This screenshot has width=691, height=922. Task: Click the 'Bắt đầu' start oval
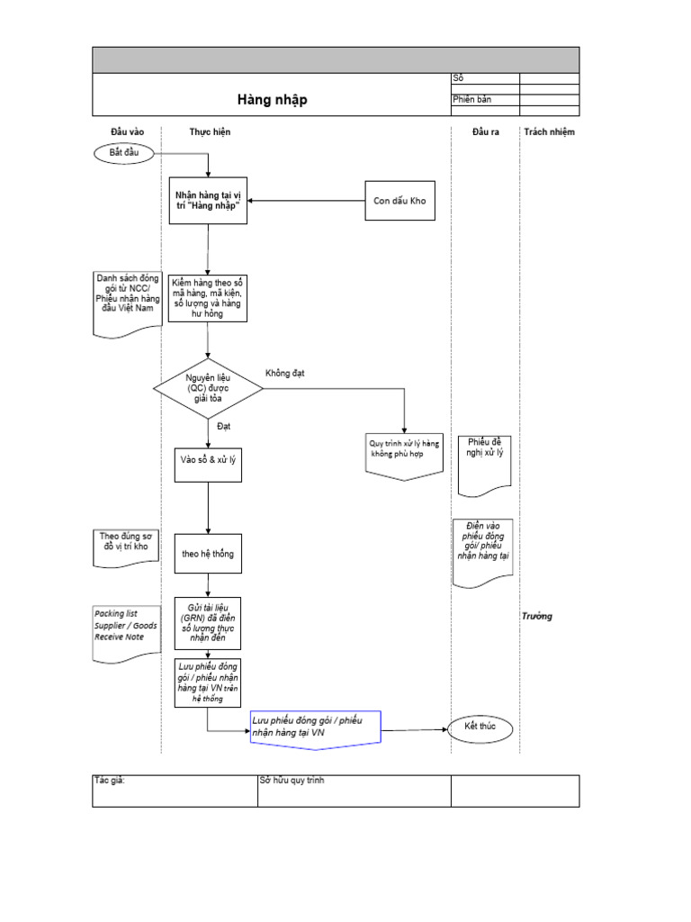click(x=125, y=154)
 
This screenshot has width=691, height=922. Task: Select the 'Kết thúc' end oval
click(x=480, y=727)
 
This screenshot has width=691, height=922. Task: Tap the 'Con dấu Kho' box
click(x=399, y=201)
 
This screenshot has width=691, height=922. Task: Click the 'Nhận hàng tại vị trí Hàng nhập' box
click(x=208, y=201)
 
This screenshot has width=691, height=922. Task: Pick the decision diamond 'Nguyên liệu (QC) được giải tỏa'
click(x=208, y=388)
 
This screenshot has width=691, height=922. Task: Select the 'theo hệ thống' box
click(x=208, y=554)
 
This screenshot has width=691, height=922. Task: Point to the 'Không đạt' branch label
click(x=285, y=373)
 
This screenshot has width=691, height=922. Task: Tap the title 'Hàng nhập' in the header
click(x=271, y=100)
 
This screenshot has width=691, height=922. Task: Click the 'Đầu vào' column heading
click(x=127, y=132)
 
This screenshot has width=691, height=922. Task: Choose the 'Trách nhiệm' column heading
click(x=549, y=132)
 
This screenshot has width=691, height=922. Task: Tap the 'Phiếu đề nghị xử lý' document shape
click(x=486, y=464)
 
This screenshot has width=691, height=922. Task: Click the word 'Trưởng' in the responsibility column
click(x=536, y=616)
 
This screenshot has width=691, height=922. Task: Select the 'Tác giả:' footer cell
click(x=175, y=791)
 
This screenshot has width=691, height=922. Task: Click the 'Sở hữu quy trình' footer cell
click(x=354, y=791)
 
